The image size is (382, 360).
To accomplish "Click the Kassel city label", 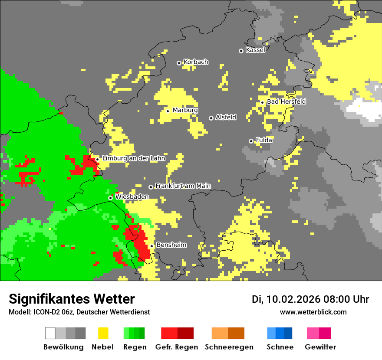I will point(255,50).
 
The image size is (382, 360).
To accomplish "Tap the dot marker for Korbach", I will point(179,63).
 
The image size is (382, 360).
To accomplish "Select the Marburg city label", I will point(185,110).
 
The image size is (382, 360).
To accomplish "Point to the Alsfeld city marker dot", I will point(211,118).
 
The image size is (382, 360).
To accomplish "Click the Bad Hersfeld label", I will point(286,101).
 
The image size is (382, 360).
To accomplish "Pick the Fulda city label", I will point(264,140).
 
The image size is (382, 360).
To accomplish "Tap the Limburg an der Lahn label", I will point(134,158).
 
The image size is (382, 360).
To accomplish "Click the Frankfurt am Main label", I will point(183,186).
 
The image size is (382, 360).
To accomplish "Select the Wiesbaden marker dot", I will point(111,198).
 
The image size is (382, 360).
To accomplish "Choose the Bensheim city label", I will point(171,245).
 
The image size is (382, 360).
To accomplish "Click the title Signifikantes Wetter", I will point(72,299).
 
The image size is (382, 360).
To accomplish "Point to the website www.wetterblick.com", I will point(313,312).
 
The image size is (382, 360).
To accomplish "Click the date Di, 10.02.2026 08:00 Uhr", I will point(310,299).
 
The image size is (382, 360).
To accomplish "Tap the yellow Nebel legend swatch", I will point(103,333).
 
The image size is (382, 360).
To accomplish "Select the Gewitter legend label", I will point(320,347).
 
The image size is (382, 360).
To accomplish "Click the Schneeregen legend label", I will point(229,347).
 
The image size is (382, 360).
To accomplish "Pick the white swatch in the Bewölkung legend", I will point(50,333).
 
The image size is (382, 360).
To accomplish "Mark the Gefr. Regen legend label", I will point(177,347).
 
